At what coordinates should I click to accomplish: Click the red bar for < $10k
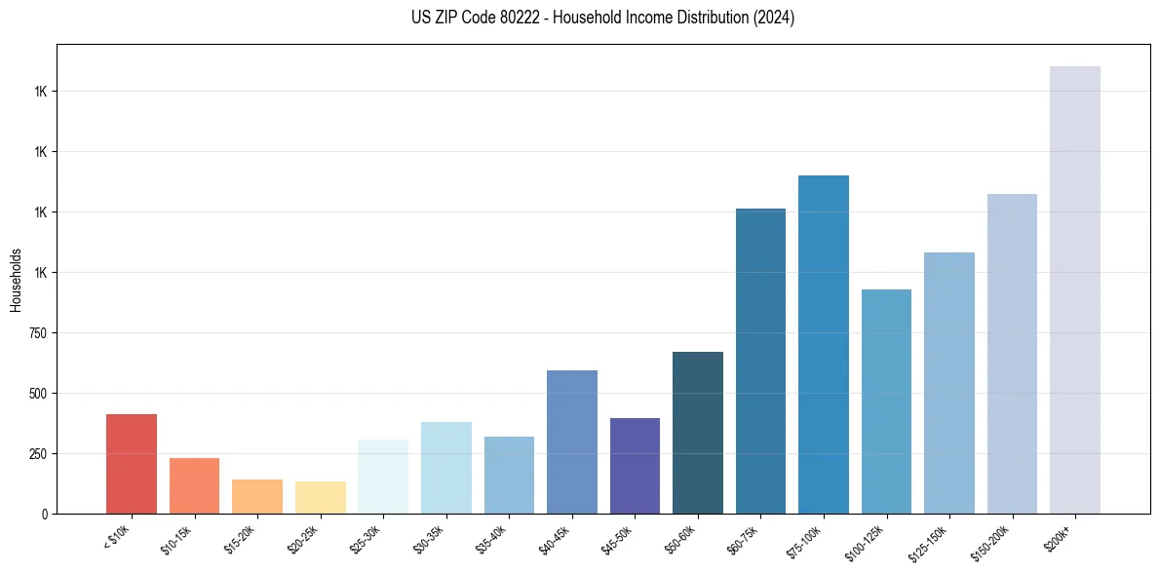click(132, 464)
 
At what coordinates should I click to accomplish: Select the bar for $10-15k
click(194, 485)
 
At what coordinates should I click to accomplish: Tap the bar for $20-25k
click(320, 497)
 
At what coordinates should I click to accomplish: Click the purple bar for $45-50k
click(635, 466)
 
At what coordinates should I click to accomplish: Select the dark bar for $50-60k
click(698, 433)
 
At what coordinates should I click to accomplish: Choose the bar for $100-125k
click(886, 402)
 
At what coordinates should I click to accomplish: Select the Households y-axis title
click(16, 279)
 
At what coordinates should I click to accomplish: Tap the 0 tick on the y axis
click(45, 514)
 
